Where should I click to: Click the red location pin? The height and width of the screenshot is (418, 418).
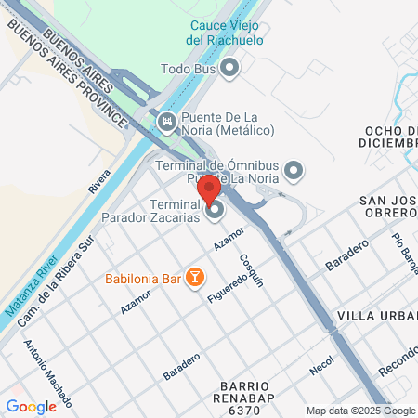pos(209,188)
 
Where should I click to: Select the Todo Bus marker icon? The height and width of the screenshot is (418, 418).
pos(231,68)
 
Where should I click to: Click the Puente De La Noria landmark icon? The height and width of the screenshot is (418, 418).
pos(166,122)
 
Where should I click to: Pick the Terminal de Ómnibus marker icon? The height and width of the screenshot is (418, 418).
pos(294,170)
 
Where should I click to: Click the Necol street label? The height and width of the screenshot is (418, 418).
pos(321,365)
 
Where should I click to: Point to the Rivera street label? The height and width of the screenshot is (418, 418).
pos(98,179)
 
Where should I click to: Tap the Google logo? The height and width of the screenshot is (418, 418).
pos(31,406)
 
